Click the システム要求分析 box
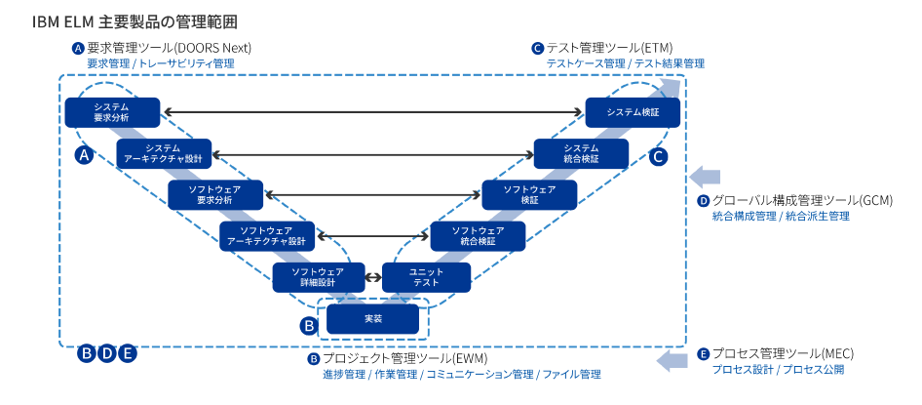[110, 111]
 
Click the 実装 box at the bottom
[372, 318]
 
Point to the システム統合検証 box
[581, 152]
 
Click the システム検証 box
[633, 111]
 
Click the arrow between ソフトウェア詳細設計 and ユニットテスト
[371, 277]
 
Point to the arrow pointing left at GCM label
[703, 176]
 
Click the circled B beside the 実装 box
[308, 323]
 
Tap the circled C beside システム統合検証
[659, 154]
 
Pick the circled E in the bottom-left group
[127, 353]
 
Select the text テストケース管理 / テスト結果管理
[624, 63]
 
